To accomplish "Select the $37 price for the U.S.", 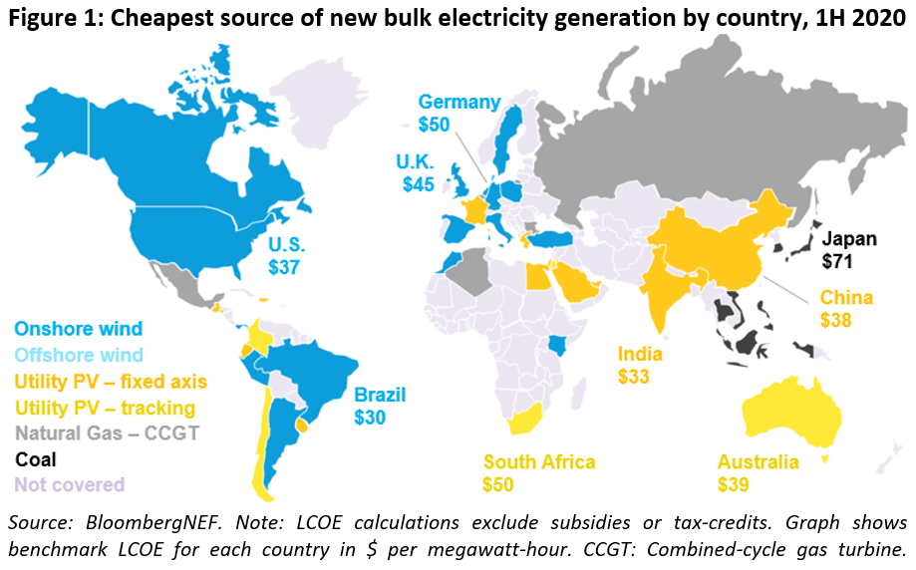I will (285, 266).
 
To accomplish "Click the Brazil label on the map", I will (379, 395).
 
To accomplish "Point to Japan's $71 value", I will (838, 261).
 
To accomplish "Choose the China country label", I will (846, 298).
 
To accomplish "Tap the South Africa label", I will (538, 462).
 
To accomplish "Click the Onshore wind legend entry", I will (78, 328).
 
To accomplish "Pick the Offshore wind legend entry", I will (78, 355).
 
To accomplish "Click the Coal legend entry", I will (35, 460).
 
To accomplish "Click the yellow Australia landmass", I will (797, 409).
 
